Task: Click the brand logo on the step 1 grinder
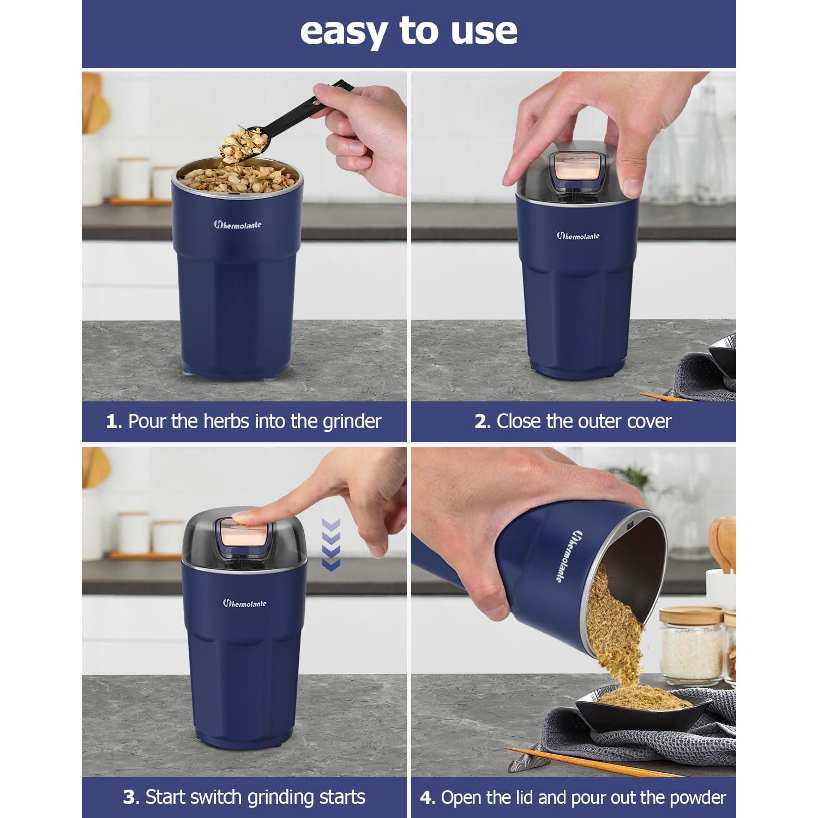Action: [237, 224]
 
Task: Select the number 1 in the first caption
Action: [111, 422]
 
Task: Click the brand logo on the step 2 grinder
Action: [578, 236]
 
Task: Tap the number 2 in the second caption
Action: [480, 422]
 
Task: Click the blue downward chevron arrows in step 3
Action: [331, 545]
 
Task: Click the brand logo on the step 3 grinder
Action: [244, 603]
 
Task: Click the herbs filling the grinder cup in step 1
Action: [237, 178]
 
